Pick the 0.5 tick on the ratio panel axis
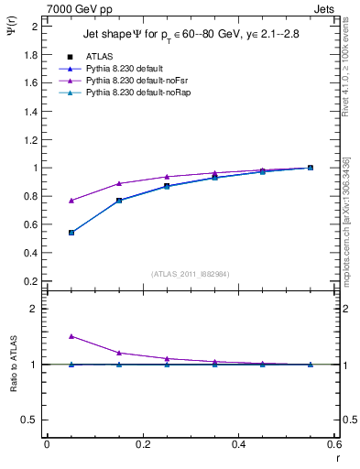[x=30, y=420]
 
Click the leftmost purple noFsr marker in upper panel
[x=71, y=201]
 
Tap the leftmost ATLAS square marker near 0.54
[x=71, y=233]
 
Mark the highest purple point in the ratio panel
[x=71, y=336]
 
